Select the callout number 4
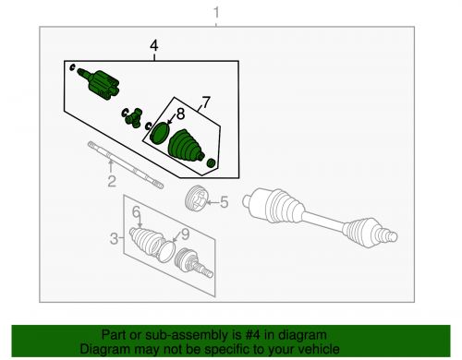pyautogui.click(x=154, y=44)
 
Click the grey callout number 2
pyautogui.click(x=110, y=181)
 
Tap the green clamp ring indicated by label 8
pyautogui.click(x=159, y=131)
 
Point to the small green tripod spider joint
pyautogui.click(x=132, y=115)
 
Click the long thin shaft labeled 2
pyautogui.click(x=125, y=164)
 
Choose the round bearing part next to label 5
pyautogui.click(x=195, y=198)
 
